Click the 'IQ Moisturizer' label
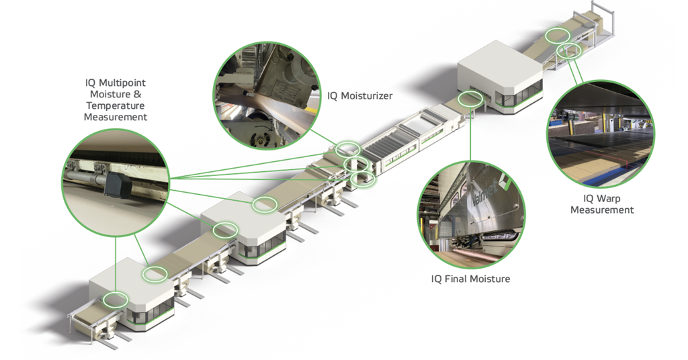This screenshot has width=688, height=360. tap(360, 96)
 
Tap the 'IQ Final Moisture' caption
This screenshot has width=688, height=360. tap(470, 279)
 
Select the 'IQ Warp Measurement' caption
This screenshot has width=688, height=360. tap(602, 204)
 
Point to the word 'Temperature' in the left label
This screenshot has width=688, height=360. tap(116, 105)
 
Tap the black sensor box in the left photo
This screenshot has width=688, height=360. tap(114, 183)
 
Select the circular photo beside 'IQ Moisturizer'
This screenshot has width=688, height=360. tap(267, 95)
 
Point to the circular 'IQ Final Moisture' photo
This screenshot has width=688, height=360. tap(470, 215)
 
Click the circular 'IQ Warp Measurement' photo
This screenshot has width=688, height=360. tap(601, 134)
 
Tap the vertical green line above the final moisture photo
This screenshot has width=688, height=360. tap(470, 132)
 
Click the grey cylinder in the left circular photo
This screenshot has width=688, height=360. tap(85, 177)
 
